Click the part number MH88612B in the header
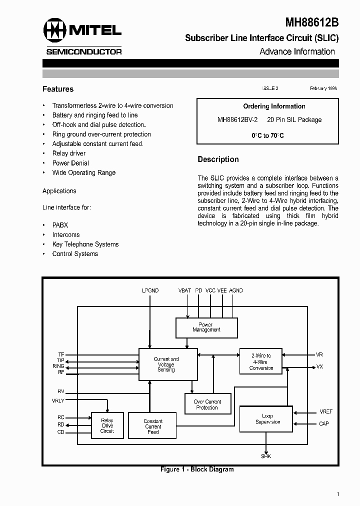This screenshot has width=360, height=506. tap(311, 22)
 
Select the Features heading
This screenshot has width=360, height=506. tap(58, 89)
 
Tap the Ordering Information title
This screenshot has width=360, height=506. tap(274, 106)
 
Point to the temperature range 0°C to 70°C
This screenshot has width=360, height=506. tap(267, 135)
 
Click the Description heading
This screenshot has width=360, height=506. tap(218, 159)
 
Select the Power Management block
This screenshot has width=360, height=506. tap(206, 327)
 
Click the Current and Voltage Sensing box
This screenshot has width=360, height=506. tap(166, 364)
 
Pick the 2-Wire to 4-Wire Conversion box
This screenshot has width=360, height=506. tap(261, 362)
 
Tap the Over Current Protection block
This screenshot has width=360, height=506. tap(207, 404)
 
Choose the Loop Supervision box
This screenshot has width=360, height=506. tap(267, 419)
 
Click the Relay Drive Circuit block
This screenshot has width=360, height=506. tap(107, 425)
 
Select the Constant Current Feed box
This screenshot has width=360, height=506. tap(153, 426)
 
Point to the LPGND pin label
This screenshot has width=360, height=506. tap(150, 290)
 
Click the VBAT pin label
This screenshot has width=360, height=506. tap(185, 290)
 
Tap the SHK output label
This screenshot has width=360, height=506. tap(266, 456)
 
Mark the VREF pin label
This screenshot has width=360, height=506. tap(325, 412)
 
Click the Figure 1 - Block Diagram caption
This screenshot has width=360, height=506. tap(197, 469)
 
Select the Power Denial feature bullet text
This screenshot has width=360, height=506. tap(70, 163)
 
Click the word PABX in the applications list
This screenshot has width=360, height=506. tap(60, 225)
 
